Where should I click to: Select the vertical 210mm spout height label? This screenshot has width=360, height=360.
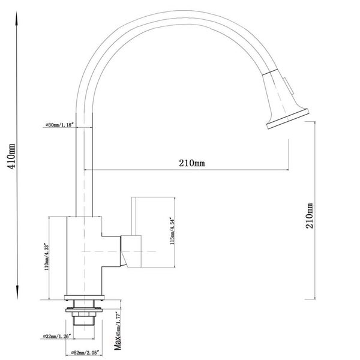pos(310,218)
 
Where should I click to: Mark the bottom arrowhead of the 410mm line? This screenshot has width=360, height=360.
pos(16,298)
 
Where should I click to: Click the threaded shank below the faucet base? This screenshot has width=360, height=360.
pos(84,319)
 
